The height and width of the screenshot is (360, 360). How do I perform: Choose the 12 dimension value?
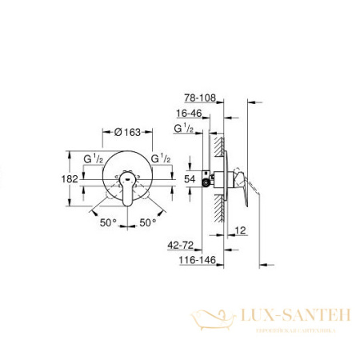point(239,231)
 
